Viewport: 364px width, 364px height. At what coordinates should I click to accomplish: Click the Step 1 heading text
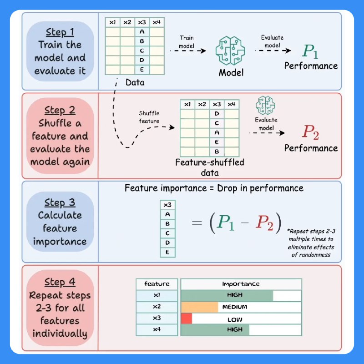click(60, 32)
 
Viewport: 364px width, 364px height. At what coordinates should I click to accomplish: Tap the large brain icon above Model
click(230, 51)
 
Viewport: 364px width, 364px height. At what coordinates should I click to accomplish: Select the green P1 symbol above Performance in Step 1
click(310, 51)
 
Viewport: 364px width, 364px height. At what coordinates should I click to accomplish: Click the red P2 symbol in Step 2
click(311, 132)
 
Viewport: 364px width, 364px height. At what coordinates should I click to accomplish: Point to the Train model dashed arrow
click(188, 51)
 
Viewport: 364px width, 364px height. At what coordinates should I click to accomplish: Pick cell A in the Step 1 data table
click(142, 31)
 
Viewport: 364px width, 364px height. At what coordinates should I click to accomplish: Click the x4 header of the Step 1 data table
click(157, 22)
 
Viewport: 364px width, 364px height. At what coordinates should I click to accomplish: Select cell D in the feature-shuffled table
click(217, 113)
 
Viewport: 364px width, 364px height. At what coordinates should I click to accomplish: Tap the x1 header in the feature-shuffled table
click(187, 104)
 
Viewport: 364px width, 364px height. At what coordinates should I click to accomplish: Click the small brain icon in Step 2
click(265, 105)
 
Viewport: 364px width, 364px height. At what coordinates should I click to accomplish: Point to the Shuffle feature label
click(149, 117)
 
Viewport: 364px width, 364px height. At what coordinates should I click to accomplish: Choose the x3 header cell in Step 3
click(167, 205)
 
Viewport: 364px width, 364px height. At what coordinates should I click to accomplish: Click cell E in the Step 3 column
click(167, 252)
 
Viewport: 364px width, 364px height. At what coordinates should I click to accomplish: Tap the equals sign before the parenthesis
click(197, 223)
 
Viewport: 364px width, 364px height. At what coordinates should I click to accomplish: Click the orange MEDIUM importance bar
click(200, 307)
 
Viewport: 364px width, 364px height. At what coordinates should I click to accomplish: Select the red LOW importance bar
click(187, 318)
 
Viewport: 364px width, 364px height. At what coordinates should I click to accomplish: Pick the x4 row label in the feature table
click(157, 329)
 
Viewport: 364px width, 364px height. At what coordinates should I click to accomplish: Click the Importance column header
click(241, 283)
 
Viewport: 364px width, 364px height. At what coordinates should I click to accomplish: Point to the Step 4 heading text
click(60, 282)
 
